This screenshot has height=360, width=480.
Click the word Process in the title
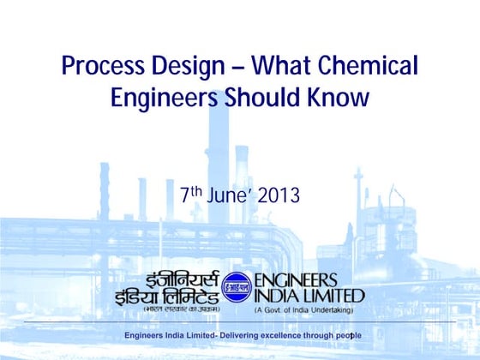coord(102,66)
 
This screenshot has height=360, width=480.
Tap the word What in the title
coord(284,66)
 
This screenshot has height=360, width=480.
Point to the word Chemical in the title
coord(371,66)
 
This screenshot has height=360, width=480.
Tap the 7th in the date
coord(190,195)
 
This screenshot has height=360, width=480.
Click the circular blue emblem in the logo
coord(237,288)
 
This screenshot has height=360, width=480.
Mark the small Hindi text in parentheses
coord(179,308)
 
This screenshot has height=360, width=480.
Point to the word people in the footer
coord(347,334)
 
